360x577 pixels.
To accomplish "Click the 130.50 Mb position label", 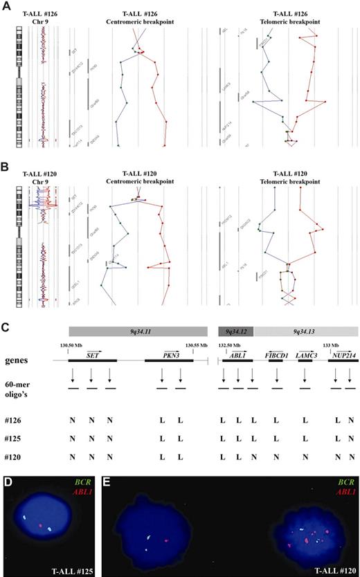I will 72,345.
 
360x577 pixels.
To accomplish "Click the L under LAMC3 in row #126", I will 305,420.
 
